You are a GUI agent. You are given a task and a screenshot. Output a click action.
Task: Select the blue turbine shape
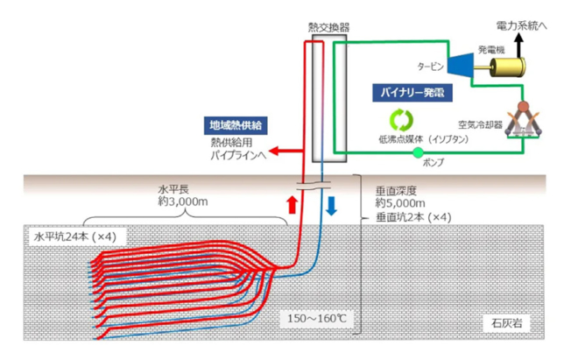(x=459, y=63)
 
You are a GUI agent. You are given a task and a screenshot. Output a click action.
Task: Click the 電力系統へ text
(x=524, y=27)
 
